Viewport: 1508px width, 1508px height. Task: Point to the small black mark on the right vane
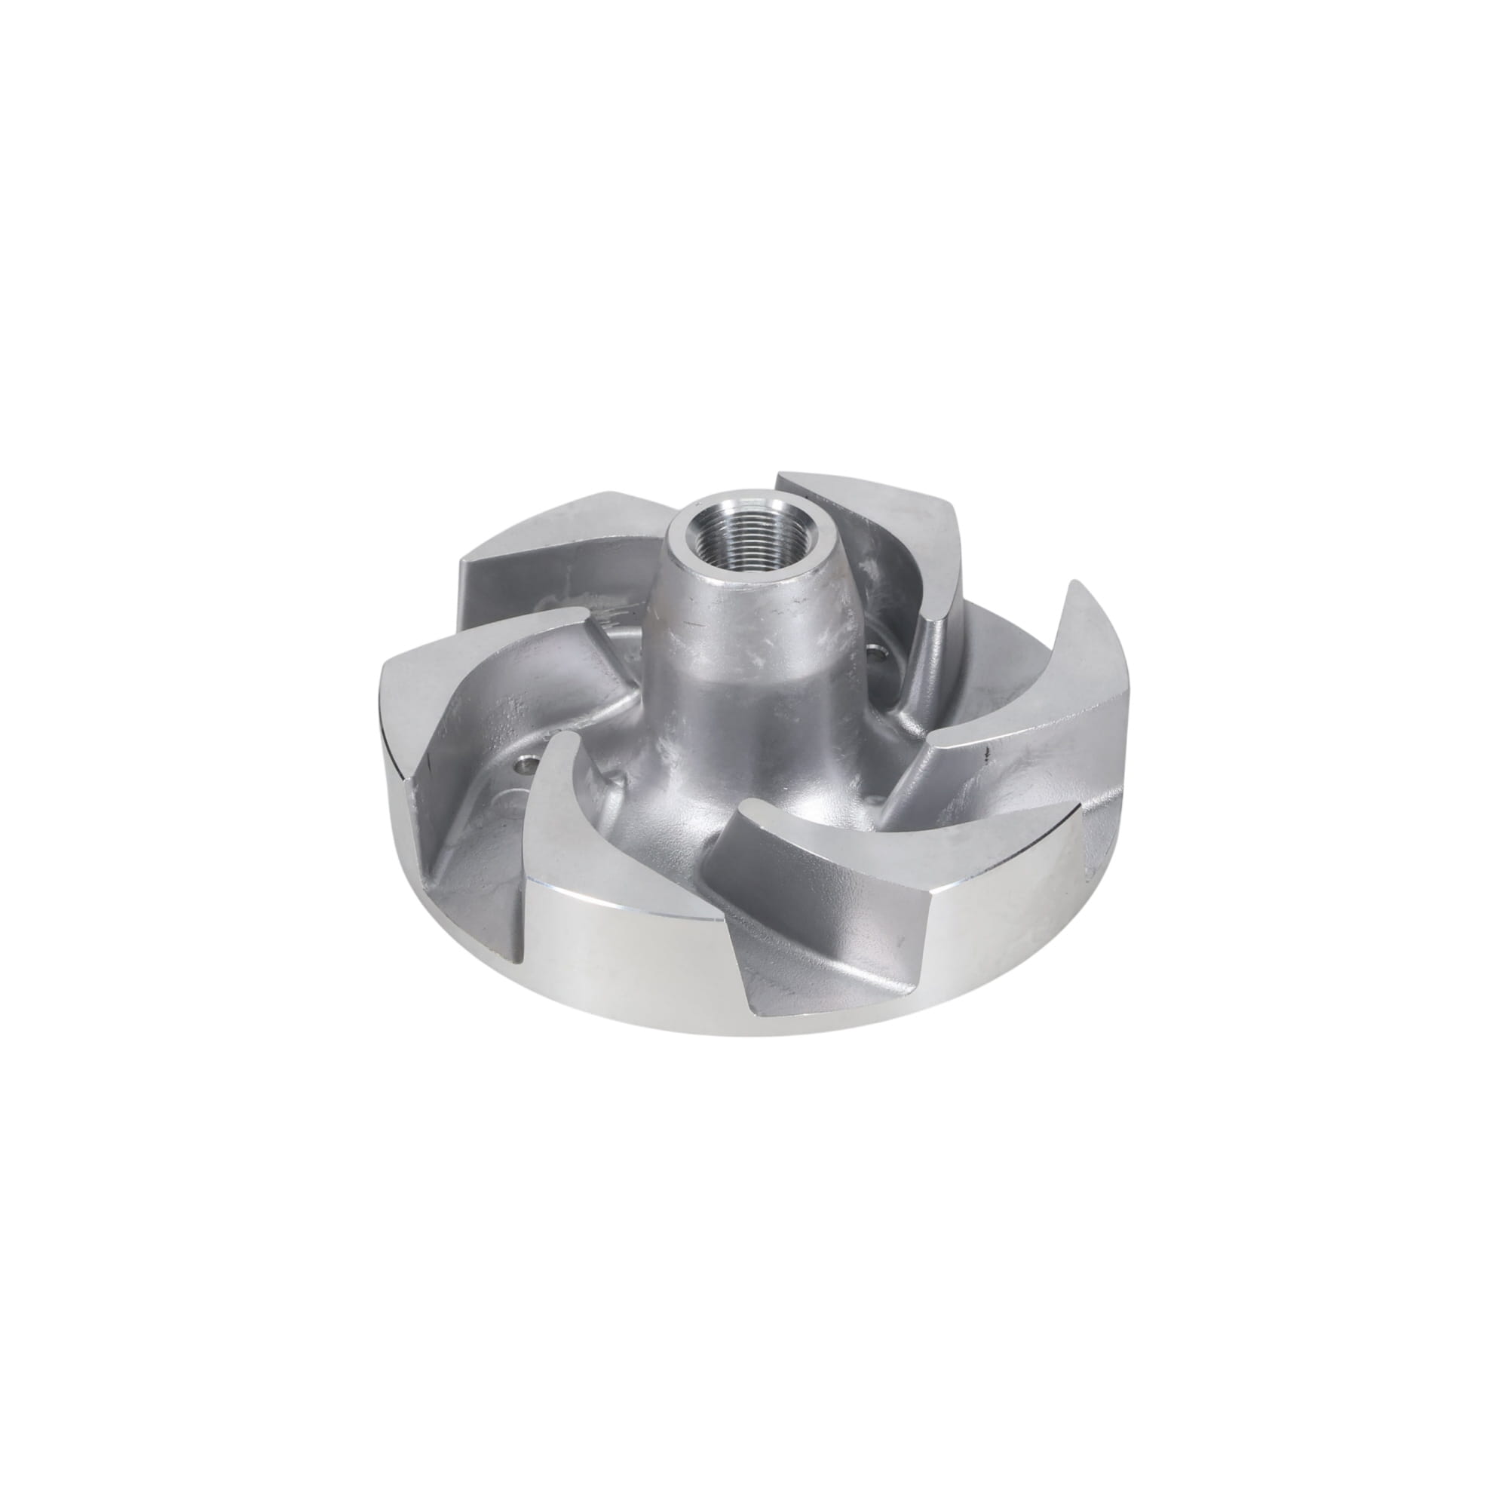(x=988, y=754)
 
